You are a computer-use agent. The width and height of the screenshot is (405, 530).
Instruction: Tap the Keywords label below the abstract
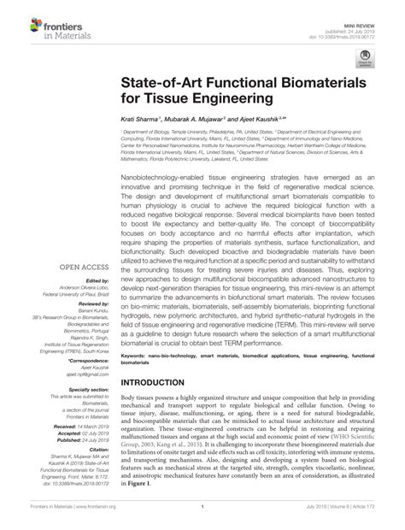(x=136, y=354)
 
